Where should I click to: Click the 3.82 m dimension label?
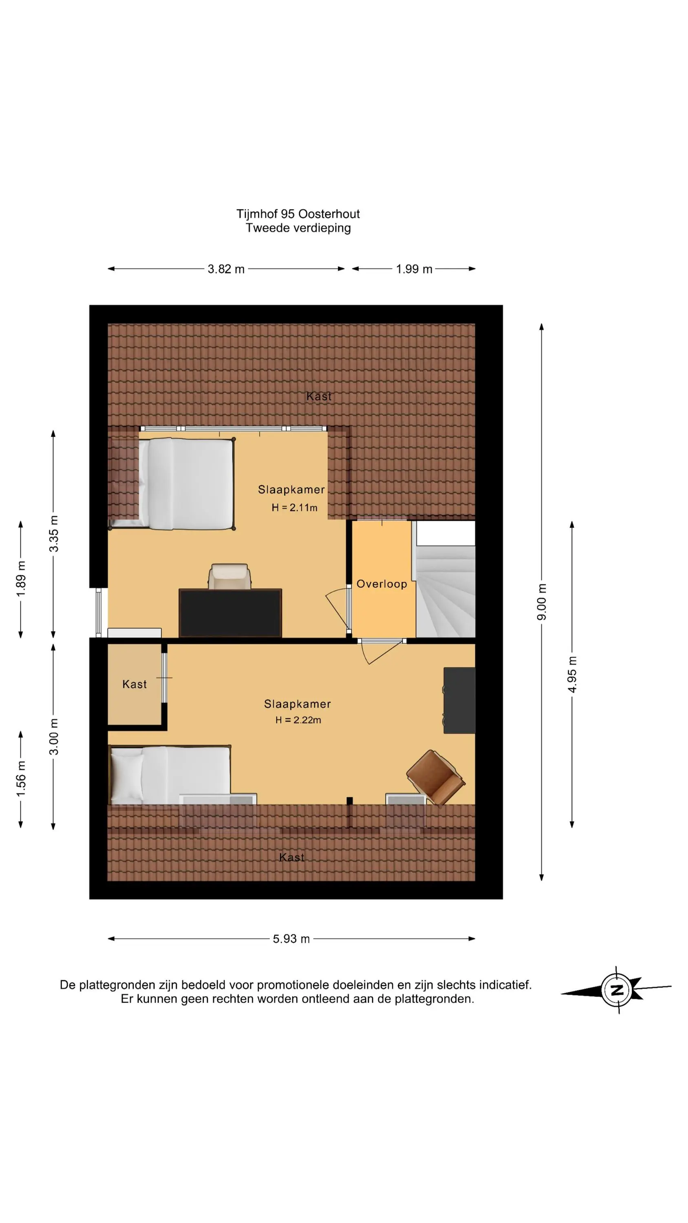coord(226,269)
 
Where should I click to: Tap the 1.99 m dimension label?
coord(414,269)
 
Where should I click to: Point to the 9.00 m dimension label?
coord(542,602)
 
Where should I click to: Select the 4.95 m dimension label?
coord(572,675)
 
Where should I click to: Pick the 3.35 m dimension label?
coord(54,534)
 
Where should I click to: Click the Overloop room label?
coord(382,584)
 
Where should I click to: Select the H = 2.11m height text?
coord(294,508)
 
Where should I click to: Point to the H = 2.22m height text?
coord(298,720)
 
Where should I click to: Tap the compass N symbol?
coord(616,990)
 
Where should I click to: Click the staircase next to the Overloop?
coord(445,591)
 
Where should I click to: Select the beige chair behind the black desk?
coord(230,576)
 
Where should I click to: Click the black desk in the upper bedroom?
coord(230,613)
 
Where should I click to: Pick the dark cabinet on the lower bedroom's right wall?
coord(459,700)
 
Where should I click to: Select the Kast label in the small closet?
coord(135,684)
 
